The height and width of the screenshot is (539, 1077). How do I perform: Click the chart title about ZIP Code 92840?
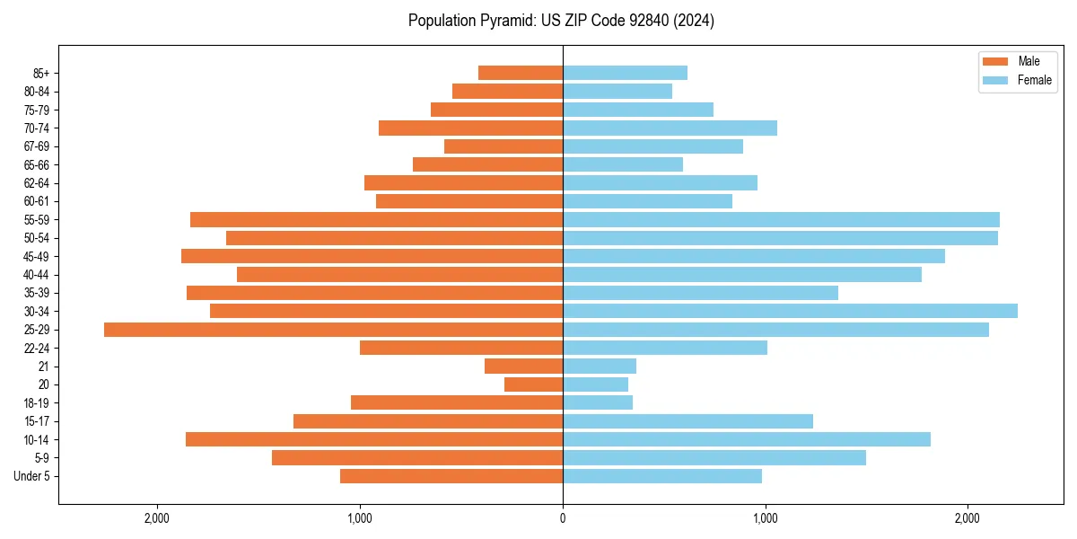point(561,21)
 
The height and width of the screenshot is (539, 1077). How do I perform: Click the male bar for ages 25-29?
point(333,330)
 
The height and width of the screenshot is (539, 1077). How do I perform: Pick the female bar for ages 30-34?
point(790,311)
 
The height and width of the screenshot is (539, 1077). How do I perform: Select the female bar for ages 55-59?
point(781,219)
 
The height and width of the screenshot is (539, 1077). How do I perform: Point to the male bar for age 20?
point(533,384)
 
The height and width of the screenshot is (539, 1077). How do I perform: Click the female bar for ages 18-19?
point(598,402)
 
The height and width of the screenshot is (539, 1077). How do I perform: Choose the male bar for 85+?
point(521,73)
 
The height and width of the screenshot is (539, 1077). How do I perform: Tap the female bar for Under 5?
point(662,476)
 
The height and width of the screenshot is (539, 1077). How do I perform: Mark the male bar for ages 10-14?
point(374,439)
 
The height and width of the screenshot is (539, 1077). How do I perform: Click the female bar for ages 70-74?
point(670,128)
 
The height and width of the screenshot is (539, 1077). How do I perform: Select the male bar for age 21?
point(523,366)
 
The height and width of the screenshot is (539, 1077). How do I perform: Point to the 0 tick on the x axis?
point(563,518)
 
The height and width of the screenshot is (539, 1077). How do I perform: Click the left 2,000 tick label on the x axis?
point(157,518)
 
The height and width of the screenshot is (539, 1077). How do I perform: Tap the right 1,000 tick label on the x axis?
point(765,518)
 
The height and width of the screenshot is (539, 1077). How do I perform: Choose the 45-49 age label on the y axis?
point(37,256)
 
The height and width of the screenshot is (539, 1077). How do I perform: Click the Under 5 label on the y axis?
point(32,476)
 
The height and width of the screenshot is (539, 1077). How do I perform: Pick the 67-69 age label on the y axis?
point(37,146)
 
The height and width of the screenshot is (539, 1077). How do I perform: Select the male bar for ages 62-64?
point(463,182)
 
